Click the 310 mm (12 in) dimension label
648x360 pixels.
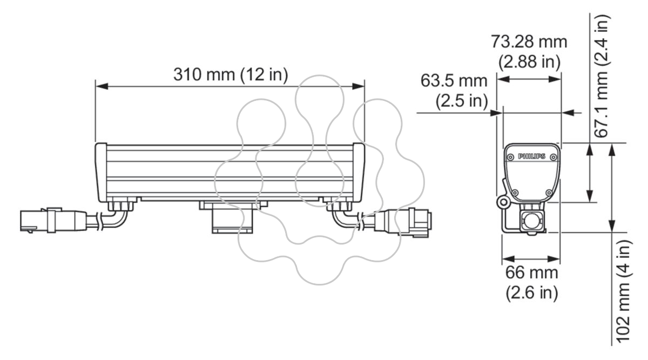coord(231,74)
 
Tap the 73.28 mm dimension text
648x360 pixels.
coord(529,42)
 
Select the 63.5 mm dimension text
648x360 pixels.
coord(454,80)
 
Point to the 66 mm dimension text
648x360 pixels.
coord(532,273)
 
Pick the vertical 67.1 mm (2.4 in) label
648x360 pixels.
coord(602,76)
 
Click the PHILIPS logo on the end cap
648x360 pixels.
coord(532,157)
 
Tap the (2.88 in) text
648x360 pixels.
coord(529,62)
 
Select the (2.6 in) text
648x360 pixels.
coord(532,293)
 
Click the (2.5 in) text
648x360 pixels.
coord(462,101)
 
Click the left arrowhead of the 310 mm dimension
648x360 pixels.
coord(102,86)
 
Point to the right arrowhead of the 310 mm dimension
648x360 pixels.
coord(358,86)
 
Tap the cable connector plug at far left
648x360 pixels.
coord(53,220)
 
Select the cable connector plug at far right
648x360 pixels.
coord(403,222)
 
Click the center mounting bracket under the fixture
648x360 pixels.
coord(233,217)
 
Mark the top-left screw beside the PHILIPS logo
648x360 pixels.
coord(511,157)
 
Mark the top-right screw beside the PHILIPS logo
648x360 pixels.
coord(553,157)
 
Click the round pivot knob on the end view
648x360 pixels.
coord(504,202)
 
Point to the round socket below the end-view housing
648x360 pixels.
coord(532,222)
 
